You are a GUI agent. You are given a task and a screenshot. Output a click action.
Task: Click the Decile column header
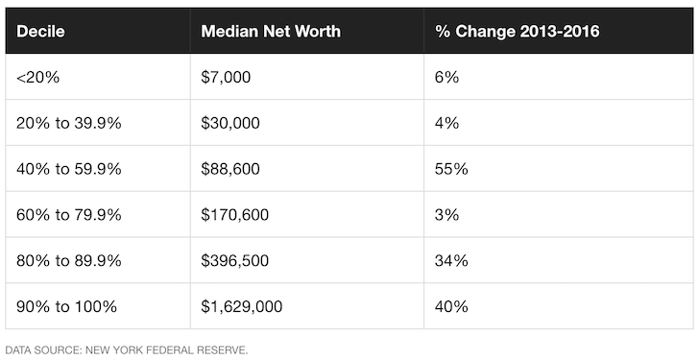(40, 32)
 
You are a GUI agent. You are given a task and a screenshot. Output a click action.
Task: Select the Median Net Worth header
(271, 32)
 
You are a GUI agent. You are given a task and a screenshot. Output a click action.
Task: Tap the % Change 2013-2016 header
(518, 32)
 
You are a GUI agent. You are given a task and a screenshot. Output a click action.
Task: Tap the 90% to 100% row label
(66, 307)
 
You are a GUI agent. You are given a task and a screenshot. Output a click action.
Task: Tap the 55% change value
(451, 169)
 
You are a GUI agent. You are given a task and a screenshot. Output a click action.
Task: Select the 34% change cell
(451, 261)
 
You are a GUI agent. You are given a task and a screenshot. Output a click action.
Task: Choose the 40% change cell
(451, 307)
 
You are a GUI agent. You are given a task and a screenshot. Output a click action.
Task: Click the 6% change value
(446, 77)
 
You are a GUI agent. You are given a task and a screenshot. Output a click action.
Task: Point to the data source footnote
(126, 349)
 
